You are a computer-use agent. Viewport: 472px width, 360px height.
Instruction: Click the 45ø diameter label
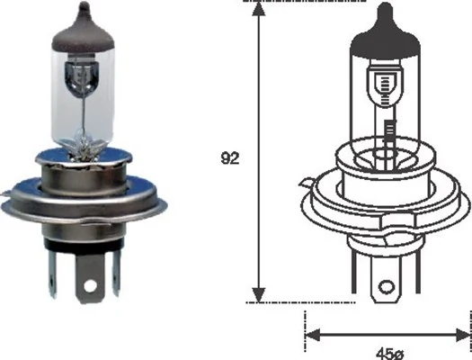388,351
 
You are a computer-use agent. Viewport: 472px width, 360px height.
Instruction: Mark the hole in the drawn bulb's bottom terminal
388,289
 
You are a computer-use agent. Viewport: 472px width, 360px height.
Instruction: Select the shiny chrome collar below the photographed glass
85,171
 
